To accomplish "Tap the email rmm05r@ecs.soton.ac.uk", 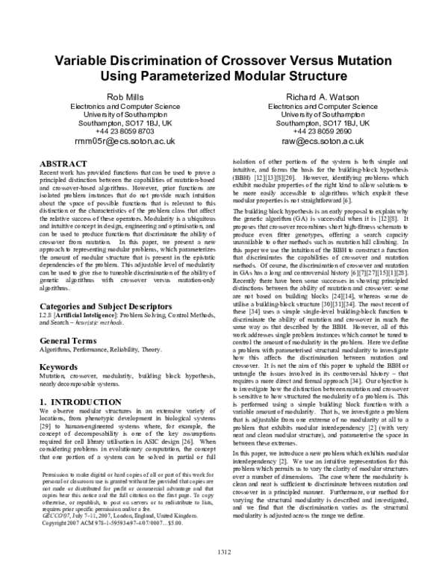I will click(x=125, y=140).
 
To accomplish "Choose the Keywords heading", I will click(x=59, y=368).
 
